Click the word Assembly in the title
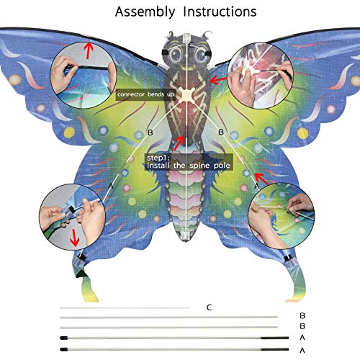145,12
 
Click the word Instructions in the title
220,12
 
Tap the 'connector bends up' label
145,94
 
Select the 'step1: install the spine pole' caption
189,162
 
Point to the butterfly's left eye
176,55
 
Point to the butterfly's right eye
201,55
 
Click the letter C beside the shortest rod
210,307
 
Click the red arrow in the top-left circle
89,50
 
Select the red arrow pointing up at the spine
179,143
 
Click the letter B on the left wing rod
150,132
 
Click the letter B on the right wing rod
221,132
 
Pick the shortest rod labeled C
125,307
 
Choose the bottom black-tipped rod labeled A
174,349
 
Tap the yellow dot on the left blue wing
69,132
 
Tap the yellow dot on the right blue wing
302,133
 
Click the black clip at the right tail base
287,259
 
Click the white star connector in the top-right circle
250,71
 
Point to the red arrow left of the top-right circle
218,80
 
